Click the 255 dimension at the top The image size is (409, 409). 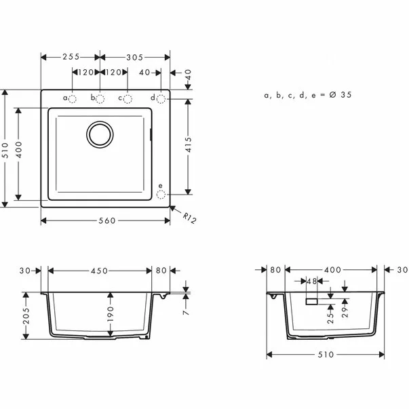click(70, 58)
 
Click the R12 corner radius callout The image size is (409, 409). click(189, 218)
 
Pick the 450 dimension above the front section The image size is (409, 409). click(100, 271)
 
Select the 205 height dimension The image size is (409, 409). click(26, 317)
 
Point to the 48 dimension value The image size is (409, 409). click(312, 280)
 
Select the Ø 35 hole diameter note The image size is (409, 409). click(308, 96)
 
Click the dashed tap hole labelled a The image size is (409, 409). click(73, 99)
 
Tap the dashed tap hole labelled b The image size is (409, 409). click(100, 99)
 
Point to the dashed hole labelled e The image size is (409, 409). click(161, 195)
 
